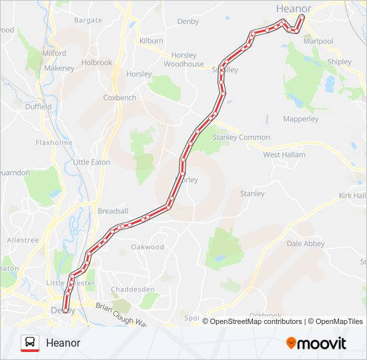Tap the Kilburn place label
151,41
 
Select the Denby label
188,21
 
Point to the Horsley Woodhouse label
183,59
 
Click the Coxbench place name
119,97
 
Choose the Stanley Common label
241,137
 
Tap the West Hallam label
284,155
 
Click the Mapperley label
300,119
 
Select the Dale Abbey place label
306,244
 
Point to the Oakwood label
147,247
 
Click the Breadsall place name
113,211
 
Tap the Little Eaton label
92,162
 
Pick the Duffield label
38,107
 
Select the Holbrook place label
97,63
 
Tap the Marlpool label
318,41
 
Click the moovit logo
316,343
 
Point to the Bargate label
88,21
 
